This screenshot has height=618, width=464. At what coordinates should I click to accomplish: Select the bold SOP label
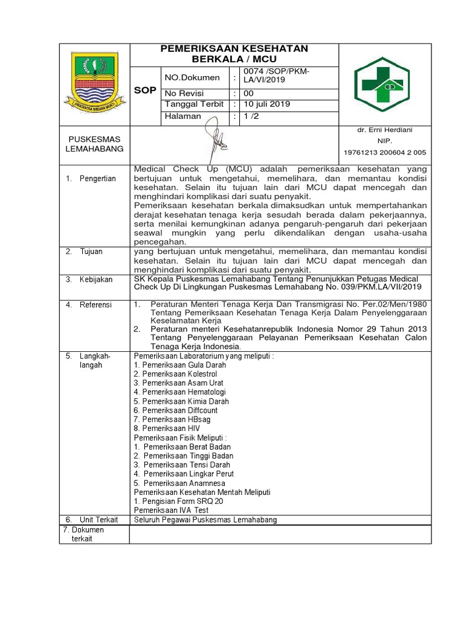(145, 90)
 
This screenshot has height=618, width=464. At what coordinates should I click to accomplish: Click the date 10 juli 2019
(267, 104)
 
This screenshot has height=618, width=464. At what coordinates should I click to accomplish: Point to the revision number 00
(249, 93)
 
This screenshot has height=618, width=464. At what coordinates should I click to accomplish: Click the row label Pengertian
(97, 179)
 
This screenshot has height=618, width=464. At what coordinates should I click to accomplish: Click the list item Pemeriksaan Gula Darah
(180, 365)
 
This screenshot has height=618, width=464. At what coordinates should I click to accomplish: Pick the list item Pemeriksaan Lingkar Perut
(184, 474)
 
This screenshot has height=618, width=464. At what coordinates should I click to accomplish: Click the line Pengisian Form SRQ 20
(178, 502)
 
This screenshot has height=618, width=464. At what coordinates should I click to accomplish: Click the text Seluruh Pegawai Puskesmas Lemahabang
(205, 520)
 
